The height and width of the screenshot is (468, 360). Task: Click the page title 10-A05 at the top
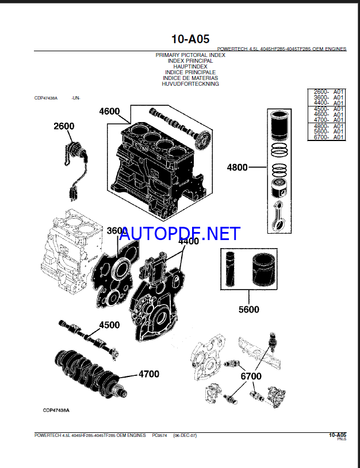[x=190, y=39]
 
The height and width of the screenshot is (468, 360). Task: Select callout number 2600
[x=64, y=126]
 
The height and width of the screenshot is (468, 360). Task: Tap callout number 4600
[x=109, y=112]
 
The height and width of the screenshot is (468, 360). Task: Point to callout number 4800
[x=237, y=168]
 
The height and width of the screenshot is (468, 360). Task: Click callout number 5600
[x=248, y=310]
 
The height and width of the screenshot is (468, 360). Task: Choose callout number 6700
[x=251, y=376]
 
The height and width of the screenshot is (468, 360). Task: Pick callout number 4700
[x=148, y=374]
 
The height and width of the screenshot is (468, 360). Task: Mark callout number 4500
[x=109, y=325]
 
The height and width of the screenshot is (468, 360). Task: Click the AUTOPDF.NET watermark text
[x=180, y=233]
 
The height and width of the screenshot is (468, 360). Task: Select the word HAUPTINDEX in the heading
[x=190, y=67]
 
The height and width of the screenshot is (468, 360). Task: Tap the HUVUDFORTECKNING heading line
[x=190, y=84]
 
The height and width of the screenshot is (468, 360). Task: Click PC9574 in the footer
[x=160, y=436]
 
